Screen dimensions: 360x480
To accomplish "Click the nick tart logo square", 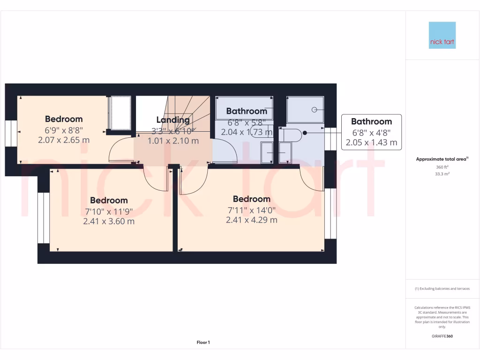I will click(442, 35).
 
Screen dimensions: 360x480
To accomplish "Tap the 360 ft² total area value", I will click(442, 167).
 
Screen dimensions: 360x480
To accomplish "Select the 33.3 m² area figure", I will click(442, 173).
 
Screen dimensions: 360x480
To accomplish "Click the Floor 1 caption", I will click(203, 343).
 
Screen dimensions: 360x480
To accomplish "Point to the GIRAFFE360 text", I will click(442, 336).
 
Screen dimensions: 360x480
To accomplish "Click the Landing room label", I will click(173, 120).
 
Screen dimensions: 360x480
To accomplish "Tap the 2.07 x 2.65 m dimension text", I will click(64, 140).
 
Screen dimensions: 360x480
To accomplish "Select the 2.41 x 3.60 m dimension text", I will click(109, 221).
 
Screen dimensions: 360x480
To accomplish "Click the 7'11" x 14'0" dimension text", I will click(251, 210).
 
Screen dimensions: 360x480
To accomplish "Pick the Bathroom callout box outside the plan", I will click(371, 132).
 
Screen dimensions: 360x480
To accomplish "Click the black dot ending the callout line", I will click(305, 133).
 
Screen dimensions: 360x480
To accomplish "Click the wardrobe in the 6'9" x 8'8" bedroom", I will click(120, 113).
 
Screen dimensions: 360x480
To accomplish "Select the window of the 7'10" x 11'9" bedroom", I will click(44, 218).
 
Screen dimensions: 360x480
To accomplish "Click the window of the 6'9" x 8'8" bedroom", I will click(11, 134).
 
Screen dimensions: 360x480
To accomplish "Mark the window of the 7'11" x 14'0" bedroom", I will click(330, 213).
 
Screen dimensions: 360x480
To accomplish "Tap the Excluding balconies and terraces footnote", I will click(442, 289).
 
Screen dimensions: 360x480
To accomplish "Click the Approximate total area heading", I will click(442, 159).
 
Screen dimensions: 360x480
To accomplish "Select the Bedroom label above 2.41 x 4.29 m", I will click(251, 199).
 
